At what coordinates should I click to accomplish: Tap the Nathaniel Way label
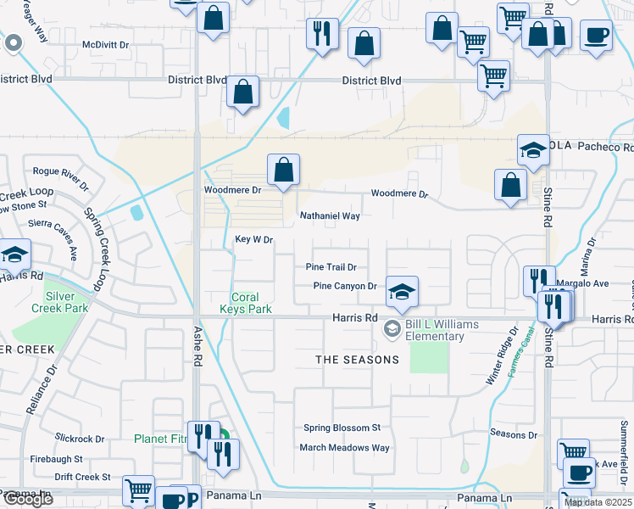(x=330, y=216)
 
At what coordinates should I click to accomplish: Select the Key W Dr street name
(x=253, y=240)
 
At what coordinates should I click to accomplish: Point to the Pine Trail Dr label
(x=336, y=267)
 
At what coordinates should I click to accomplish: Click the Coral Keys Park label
(x=252, y=304)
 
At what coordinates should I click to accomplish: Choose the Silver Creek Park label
(x=67, y=302)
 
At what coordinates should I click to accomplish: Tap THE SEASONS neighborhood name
(x=357, y=360)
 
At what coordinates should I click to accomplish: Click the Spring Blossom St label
(x=342, y=428)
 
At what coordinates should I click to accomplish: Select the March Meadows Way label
(x=344, y=448)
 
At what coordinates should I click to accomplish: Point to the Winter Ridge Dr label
(x=501, y=357)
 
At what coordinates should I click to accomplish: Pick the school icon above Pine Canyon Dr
(x=402, y=292)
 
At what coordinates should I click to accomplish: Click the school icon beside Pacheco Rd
(x=532, y=149)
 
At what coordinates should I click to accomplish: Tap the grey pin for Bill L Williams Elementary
(x=392, y=328)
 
